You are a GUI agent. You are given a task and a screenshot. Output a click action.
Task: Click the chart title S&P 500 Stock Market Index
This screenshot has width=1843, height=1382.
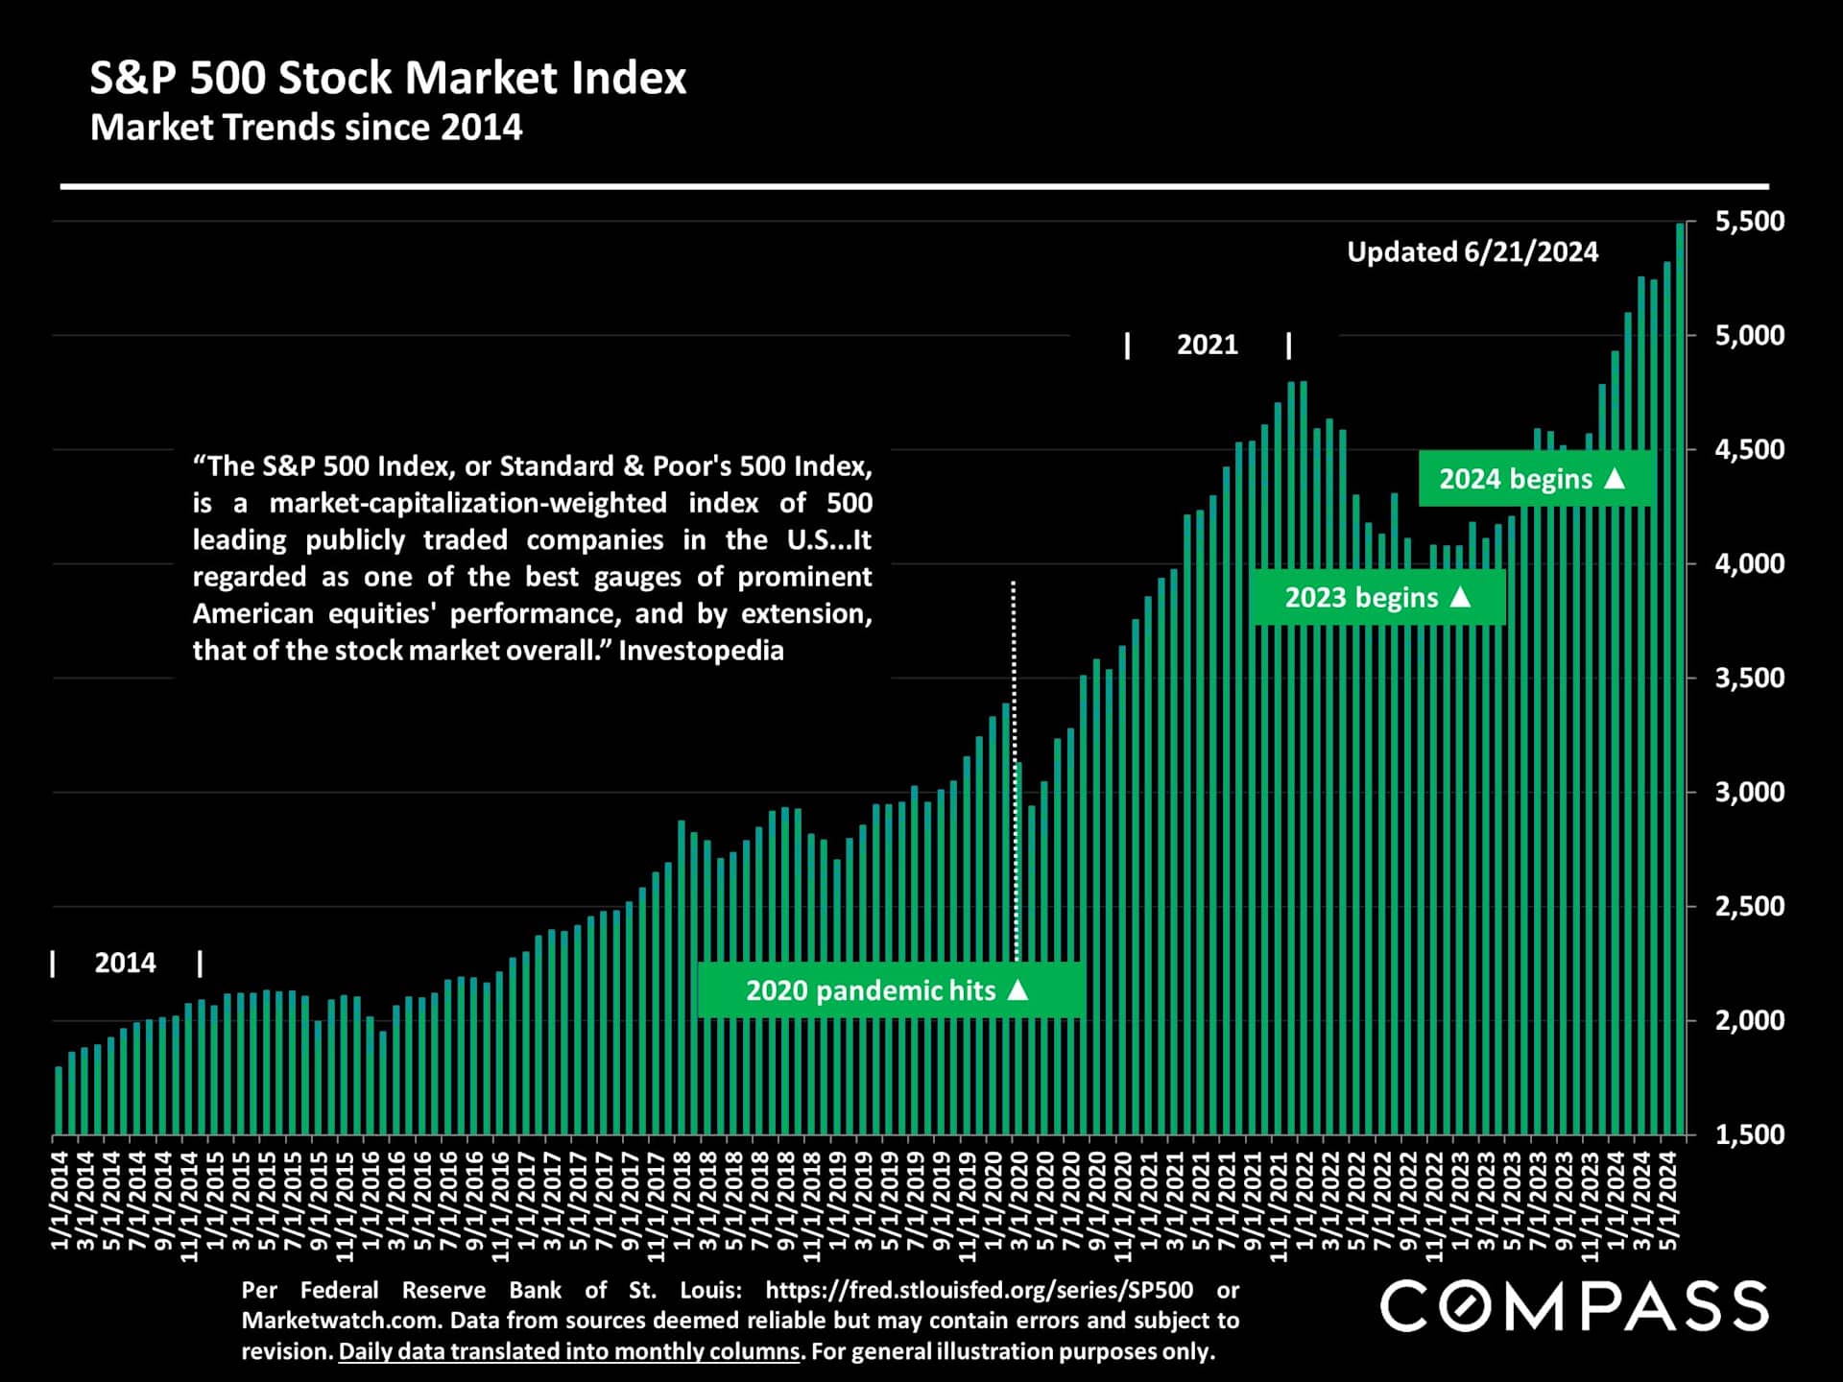[x=388, y=79]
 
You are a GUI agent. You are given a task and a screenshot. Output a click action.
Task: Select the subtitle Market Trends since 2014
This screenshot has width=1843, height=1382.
[x=306, y=128]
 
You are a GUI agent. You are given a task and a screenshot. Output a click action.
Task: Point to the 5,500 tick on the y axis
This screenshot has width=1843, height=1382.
[x=1749, y=222]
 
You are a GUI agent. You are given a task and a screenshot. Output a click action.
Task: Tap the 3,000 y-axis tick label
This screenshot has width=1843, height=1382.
[x=1749, y=793]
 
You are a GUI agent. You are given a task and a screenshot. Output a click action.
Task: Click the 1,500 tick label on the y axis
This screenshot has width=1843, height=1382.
[x=1749, y=1134]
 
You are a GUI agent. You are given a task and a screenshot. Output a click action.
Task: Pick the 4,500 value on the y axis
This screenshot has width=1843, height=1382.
[x=1749, y=450]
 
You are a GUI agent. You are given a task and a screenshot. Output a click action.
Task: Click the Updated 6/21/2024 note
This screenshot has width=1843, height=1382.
[x=1472, y=252]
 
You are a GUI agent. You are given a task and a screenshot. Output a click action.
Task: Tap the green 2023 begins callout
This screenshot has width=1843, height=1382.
[x=1377, y=598]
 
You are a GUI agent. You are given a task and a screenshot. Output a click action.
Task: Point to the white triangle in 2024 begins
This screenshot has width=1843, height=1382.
[x=1615, y=478]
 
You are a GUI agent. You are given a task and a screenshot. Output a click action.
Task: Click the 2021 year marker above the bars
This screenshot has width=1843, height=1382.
[x=1207, y=345]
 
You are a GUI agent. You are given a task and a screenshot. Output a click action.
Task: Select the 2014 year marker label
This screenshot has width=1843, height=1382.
[x=125, y=963]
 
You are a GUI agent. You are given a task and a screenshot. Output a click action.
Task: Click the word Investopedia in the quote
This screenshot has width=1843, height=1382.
[x=701, y=651]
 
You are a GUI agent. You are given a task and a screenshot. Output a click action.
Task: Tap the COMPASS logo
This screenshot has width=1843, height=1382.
[x=1574, y=1306]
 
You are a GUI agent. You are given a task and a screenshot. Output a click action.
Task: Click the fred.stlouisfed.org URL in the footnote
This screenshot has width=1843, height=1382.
[x=979, y=1290]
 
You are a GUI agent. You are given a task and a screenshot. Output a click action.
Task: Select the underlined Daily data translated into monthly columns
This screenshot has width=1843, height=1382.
[x=569, y=1351]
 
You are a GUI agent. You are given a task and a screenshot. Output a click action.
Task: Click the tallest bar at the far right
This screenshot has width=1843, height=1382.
[x=1680, y=672]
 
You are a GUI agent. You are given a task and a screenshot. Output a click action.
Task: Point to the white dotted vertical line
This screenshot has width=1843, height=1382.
[x=1014, y=768]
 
